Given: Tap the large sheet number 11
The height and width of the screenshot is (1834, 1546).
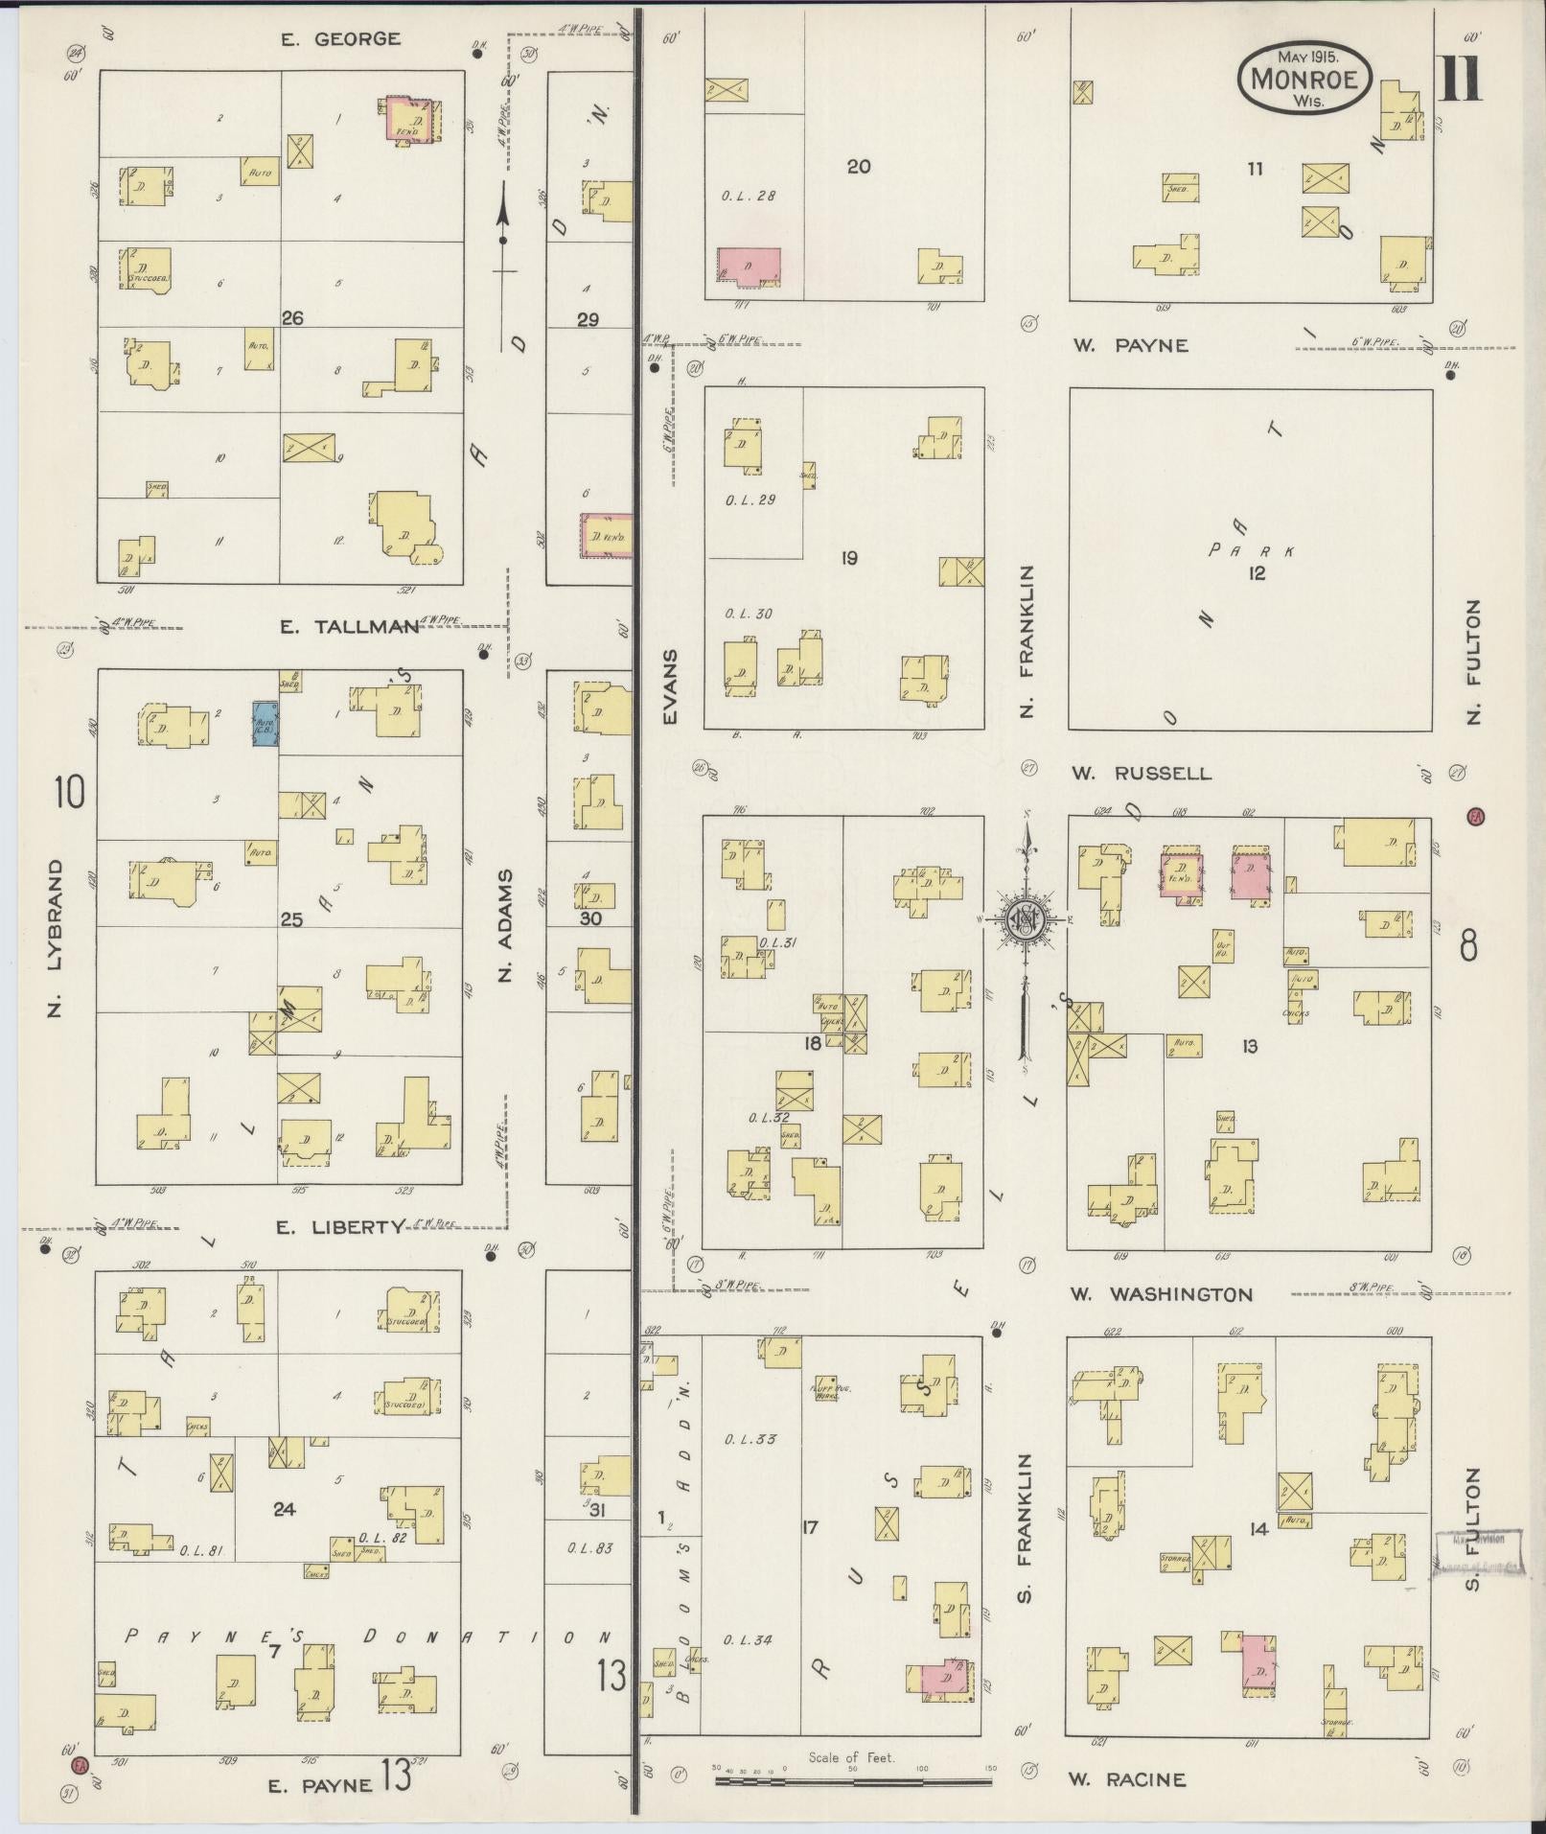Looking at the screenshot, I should [1460, 80].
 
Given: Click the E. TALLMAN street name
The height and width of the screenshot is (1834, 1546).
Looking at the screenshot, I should [349, 627].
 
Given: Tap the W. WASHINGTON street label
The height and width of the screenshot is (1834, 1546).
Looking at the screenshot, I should [1161, 1294].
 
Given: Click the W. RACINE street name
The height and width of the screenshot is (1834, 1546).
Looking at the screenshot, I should [1127, 1779].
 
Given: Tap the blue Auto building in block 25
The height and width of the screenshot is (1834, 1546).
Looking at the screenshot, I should [265, 724].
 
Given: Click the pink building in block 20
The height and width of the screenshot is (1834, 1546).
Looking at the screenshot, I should [749, 266].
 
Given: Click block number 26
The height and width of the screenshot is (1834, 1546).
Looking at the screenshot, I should [292, 318].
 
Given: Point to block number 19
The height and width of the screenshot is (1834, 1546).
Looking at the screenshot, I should [848, 558].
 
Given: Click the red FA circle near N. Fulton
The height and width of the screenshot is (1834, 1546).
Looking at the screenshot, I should [1475, 817].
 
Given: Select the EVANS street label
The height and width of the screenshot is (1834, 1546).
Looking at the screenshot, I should [669, 686].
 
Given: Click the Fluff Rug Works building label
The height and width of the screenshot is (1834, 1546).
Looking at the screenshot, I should [824, 1391].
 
